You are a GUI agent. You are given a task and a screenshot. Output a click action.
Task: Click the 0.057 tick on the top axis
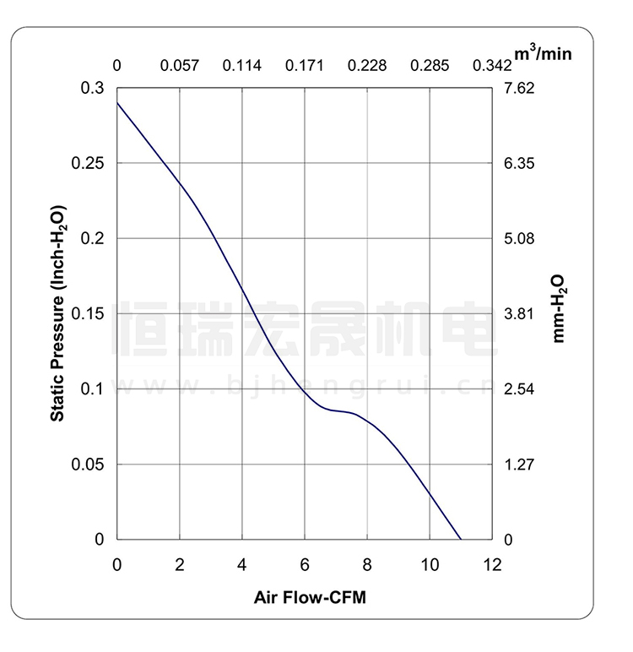(180, 66)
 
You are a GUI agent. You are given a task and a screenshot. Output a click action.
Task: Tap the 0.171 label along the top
(305, 66)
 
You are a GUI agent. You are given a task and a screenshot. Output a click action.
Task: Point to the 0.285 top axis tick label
(430, 66)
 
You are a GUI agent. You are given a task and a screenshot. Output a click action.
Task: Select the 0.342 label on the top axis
(492, 66)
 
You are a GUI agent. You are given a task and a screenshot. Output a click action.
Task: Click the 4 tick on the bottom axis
(242, 563)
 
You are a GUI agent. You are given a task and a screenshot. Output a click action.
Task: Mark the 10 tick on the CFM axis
(430, 563)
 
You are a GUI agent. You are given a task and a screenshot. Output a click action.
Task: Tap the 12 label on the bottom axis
(492, 563)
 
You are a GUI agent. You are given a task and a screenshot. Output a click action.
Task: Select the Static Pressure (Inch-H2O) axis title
(57, 312)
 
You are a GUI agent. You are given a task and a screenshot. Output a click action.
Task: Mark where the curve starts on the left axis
(117, 102)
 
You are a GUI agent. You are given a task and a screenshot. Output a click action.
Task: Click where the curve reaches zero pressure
(461, 539)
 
